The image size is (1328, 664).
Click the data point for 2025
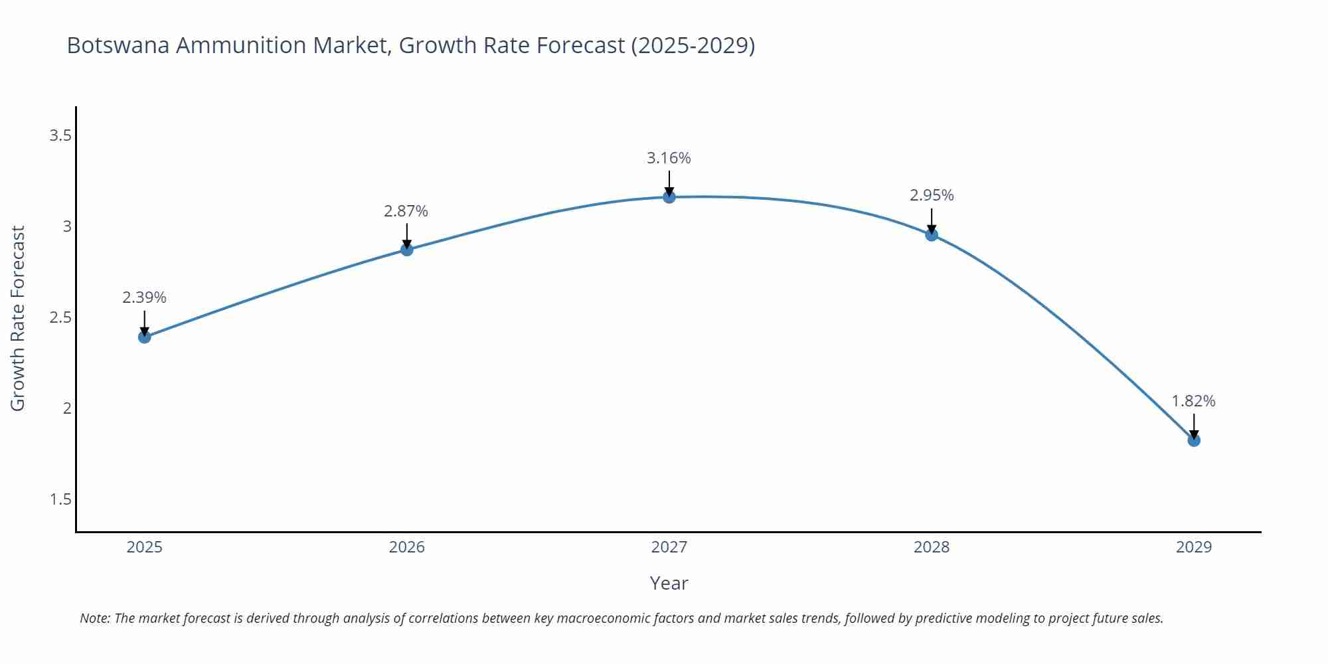[x=145, y=337]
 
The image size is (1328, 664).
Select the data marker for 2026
[x=407, y=250]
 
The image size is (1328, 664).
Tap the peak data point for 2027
[x=669, y=197]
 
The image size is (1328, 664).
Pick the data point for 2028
[x=932, y=234]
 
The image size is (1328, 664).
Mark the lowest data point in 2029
[x=1194, y=440]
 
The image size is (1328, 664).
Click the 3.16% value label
[x=669, y=158]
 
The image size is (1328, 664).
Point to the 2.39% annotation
[x=144, y=297]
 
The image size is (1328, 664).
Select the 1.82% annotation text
[x=1193, y=401]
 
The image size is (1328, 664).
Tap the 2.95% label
[x=932, y=195]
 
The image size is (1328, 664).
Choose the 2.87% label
[x=406, y=211]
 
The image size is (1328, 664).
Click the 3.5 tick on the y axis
[x=60, y=136]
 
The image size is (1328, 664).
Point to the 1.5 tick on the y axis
[x=60, y=499]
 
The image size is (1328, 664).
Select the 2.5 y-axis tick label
[x=60, y=317]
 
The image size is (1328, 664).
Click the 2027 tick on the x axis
[x=669, y=547]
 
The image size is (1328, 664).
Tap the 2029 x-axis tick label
[x=1194, y=547]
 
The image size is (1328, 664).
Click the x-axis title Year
[x=669, y=583]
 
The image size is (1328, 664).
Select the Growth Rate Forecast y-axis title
[x=18, y=318]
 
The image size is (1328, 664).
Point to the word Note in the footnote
[x=94, y=618]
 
